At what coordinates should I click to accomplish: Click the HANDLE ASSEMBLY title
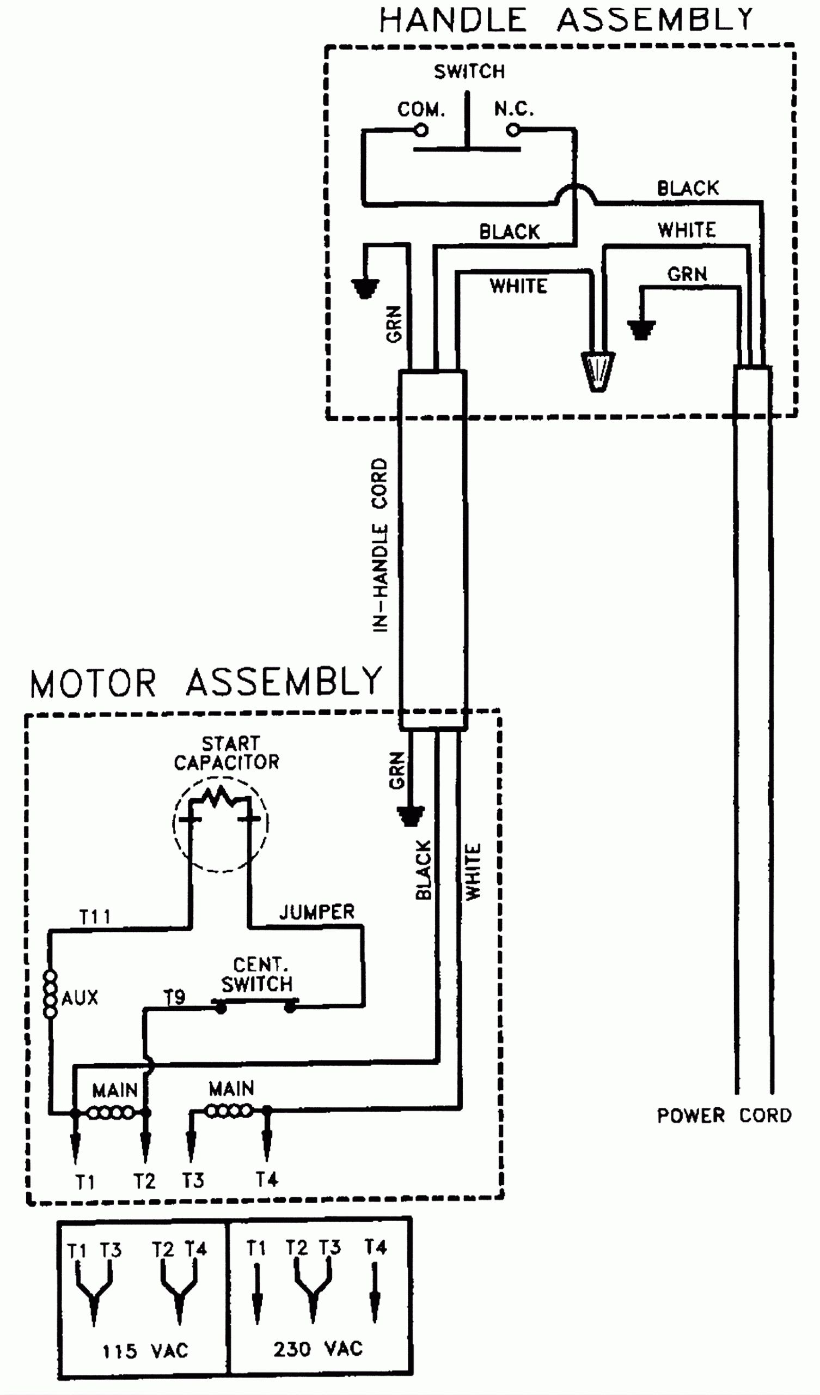pos(566,20)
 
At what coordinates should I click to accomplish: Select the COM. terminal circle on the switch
pos(421,131)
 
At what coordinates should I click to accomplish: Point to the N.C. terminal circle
pos(513,131)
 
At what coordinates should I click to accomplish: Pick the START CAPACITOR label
pos(227,754)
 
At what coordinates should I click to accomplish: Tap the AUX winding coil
pos(50,997)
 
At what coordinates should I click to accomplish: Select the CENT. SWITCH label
pos(257,975)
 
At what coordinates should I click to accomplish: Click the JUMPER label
pos(316,912)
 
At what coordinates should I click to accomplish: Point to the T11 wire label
pos(95,917)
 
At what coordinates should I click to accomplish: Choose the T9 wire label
pos(174,997)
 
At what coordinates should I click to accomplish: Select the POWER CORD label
pos(724,1115)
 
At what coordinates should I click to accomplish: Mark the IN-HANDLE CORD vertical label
pos(380,545)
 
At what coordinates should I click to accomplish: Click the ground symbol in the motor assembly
pos(410,815)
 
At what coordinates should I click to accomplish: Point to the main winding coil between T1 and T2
pos(111,1112)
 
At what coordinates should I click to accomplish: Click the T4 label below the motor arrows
pos(267,1179)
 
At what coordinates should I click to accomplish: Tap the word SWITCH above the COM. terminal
pos(469,71)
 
